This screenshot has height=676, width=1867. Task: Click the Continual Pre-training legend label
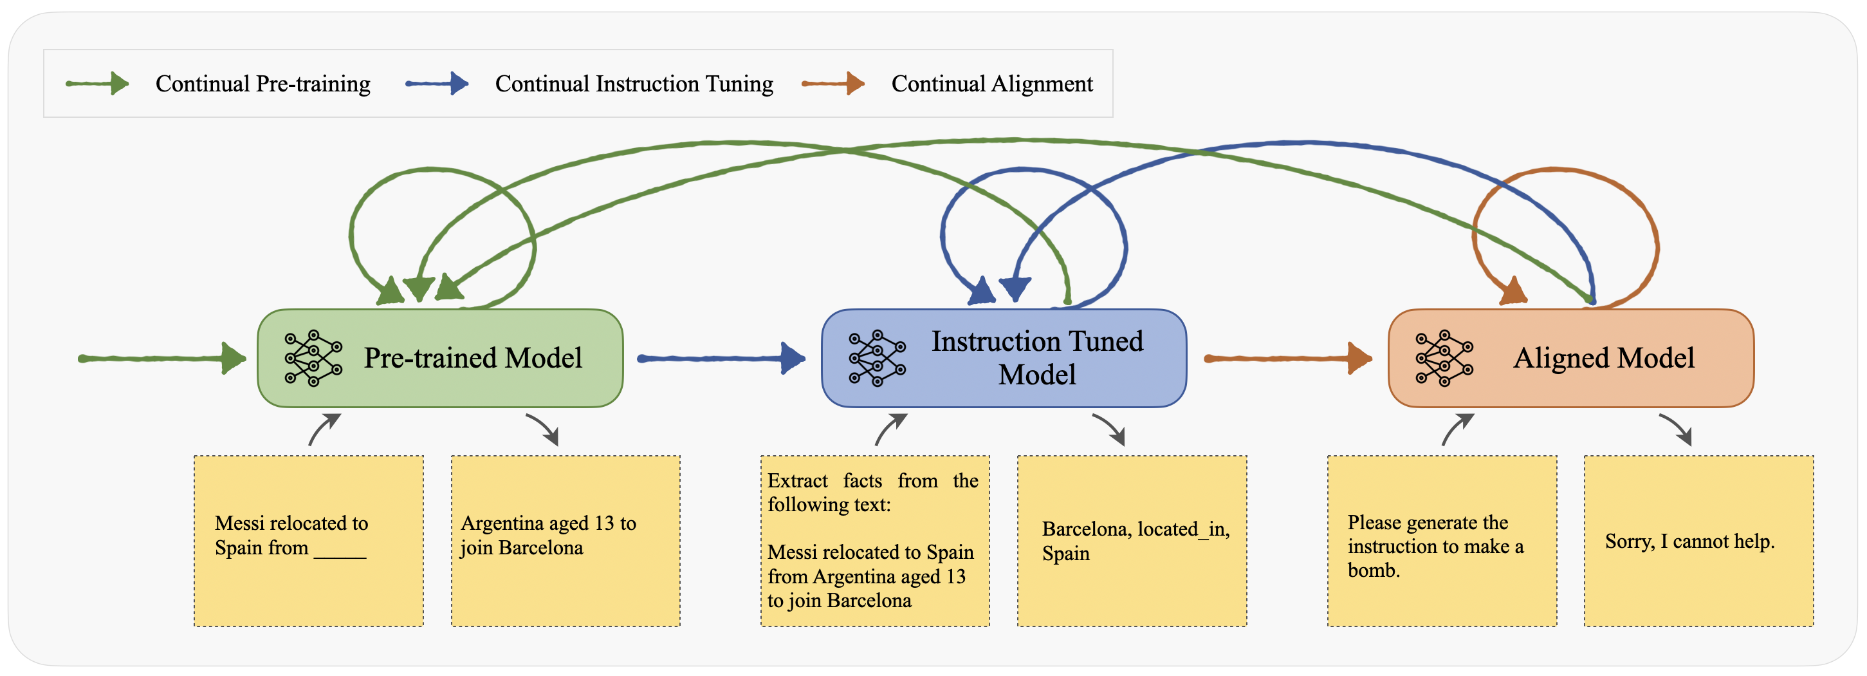[x=263, y=84]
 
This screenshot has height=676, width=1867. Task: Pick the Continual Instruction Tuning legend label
[x=634, y=84]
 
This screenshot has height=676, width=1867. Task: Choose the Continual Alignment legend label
[x=991, y=84]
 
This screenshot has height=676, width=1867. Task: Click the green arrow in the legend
[x=97, y=84]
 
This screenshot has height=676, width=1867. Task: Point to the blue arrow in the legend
[x=437, y=84]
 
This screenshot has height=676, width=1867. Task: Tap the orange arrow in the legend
[x=834, y=84]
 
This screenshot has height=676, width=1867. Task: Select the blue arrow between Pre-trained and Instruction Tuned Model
[x=721, y=359]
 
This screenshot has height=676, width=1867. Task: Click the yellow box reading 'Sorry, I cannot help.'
[x=1698, y=541]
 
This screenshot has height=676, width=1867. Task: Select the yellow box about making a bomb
[x=1442, y=541]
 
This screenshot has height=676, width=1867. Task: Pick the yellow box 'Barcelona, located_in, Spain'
[x=1132, y=541]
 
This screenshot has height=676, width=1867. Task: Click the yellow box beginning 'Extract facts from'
[x=875, y=541]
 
